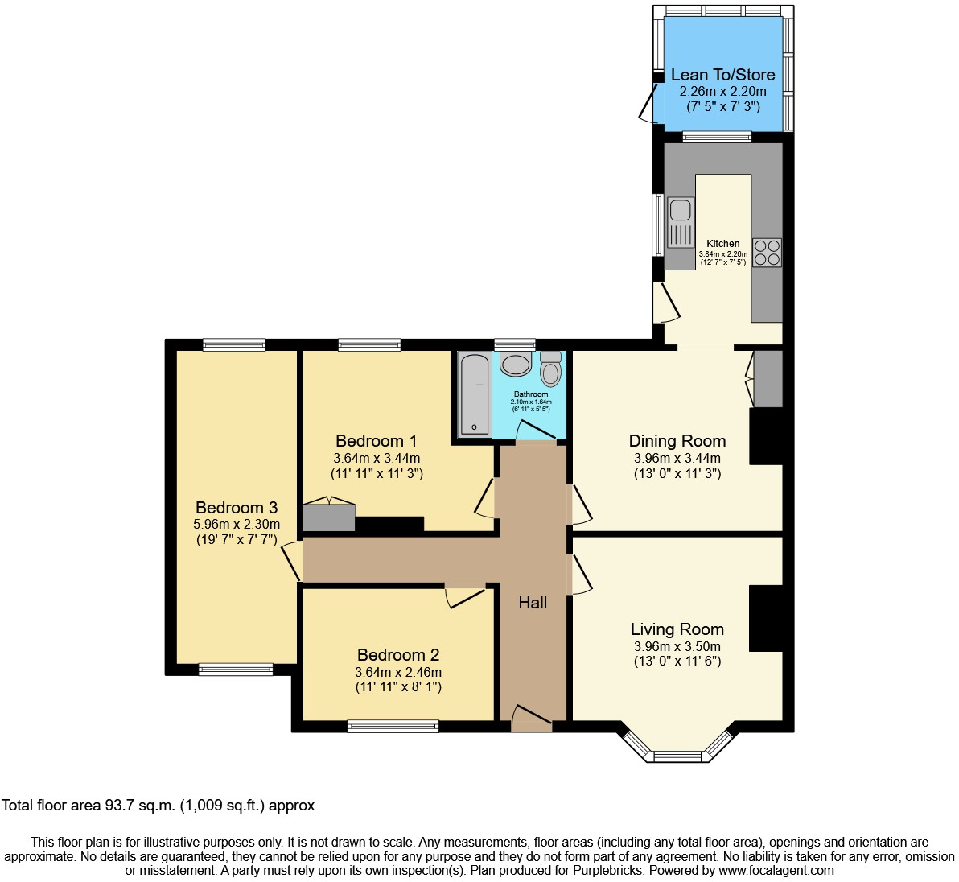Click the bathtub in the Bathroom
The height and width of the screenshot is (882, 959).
click(x=474, y=394)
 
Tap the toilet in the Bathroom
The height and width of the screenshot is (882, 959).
click(x=551, y=369)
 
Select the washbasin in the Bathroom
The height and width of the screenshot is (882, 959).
click(x=515, y=365)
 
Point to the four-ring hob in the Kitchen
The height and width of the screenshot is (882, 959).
click(x=766, y=252)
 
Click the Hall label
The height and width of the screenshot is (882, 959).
click(x=533, y=603)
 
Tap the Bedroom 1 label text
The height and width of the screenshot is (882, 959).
click(x=376, y=441)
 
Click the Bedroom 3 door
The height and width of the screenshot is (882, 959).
click(x=291, y=560)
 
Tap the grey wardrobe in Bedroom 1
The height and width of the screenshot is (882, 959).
click(x=329, y=517)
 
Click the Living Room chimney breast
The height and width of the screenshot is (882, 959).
click(x=765, y=618)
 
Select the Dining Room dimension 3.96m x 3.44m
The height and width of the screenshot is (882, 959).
click(x=677, y=459)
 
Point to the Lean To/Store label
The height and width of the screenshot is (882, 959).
click(x=722, y=75)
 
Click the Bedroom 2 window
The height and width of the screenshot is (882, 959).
click(x=393, y=726)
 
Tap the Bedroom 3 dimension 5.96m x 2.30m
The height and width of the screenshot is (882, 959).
click(x=237, y=525)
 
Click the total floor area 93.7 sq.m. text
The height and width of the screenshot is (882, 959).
click(x=158, y=805)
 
